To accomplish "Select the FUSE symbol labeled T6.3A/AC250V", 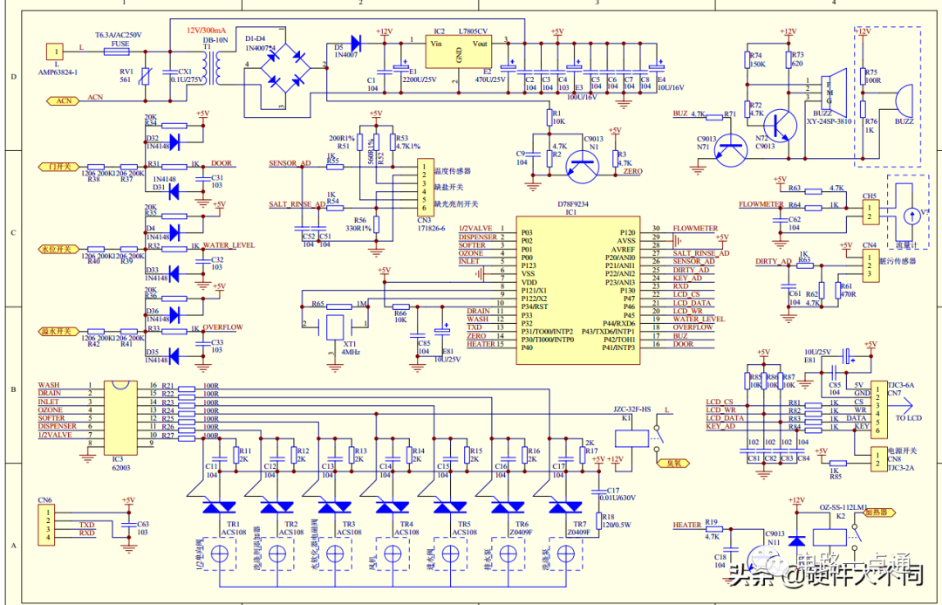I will (118, 52).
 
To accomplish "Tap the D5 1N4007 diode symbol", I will (355, 41).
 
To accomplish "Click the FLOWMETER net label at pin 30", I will (694, 228).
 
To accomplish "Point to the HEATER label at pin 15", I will (481, 344).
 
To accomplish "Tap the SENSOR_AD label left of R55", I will (290, 163).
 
